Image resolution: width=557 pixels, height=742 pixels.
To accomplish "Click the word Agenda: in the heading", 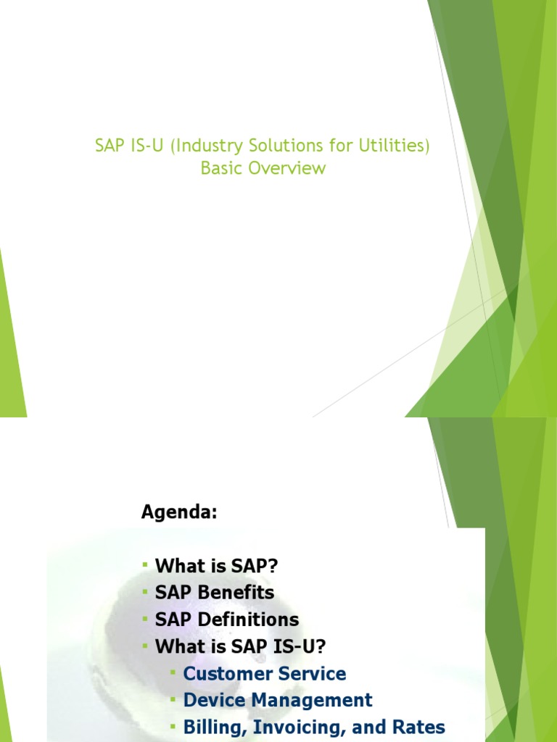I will coord(178,512).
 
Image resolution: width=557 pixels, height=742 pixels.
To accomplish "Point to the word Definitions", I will coord(246,620).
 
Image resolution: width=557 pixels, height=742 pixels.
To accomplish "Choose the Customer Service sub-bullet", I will coord(265,673).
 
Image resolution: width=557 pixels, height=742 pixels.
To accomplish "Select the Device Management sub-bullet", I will coord(278,700).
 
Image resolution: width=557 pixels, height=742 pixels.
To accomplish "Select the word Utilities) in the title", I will coord(395,146).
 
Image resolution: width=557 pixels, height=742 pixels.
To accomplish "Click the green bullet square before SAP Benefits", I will coord(144,592).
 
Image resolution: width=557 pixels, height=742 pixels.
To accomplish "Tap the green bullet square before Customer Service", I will coord(173,673).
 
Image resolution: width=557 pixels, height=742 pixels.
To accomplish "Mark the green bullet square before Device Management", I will coord(173,700).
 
